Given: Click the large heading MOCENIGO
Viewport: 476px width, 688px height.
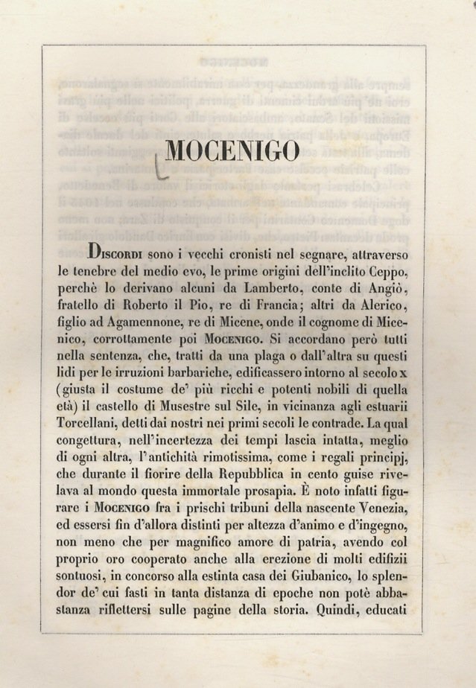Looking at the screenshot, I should (x=232, y=151).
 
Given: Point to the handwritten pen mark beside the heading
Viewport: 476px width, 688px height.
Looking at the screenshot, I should (x=159, y=165).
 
